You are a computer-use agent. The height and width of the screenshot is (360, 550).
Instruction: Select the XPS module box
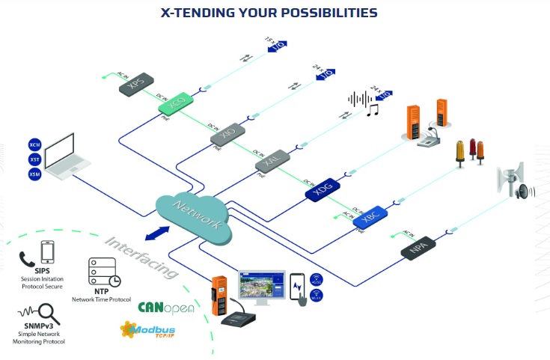pyautogui.click(x=136, y=84)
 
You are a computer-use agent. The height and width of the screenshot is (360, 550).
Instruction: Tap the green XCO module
pyautogui.click(x=177, y=106)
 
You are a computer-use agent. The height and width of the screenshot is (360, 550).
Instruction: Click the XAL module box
pyautogui.click(x=272, y=159)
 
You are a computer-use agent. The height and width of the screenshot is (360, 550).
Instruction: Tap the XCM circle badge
pyautogui.click(x=34, y=144)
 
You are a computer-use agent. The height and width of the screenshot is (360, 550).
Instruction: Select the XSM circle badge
pyautogui.click(x=34, y=174)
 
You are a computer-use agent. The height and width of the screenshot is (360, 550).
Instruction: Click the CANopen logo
pyautogui.click(x=166, y=307)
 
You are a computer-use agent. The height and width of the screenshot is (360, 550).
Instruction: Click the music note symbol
pyautogui.click(x=372, y=111)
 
